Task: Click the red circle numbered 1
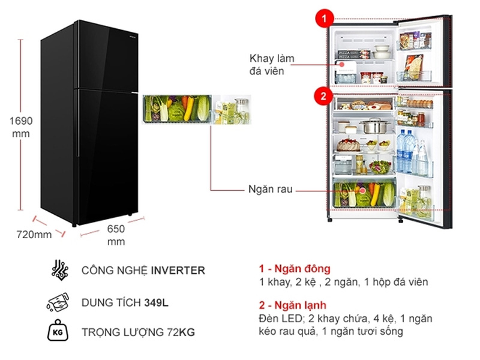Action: pyautogui.click(x=324, y=19)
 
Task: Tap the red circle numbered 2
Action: pyautogui.click(x=324, y=95)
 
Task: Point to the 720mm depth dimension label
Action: pyautogui.click(x=34, y=235)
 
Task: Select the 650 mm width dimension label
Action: pyautogui.click(x=116, y=235)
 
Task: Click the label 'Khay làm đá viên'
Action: pyautogui.click(x=270, y=64)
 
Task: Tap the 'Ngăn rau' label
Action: pyautogui.click(x=270, y=189)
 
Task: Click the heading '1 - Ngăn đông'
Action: pyautogui.click(x=295, y=269)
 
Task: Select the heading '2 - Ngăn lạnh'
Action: pyautogui.click(x=294, y=306)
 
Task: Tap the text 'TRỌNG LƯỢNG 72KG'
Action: pyautogui.click(x=139, y=332)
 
